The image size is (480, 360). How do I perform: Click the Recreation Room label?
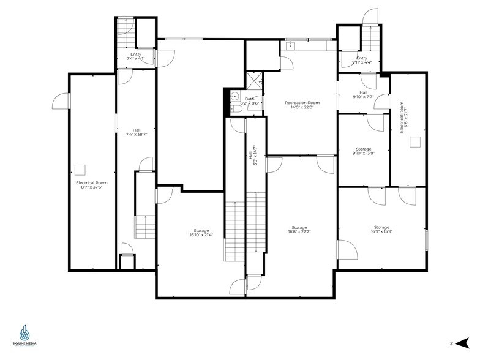point(302,103)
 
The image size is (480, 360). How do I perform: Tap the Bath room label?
point(249,99)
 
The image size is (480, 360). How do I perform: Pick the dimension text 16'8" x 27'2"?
point(299,232)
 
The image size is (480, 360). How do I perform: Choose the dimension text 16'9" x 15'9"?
point(381,232)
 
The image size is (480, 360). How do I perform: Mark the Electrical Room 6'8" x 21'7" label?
point(404,120)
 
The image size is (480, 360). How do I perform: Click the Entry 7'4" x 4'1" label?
point(135,56)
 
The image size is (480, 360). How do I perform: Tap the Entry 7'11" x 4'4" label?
point(362,60)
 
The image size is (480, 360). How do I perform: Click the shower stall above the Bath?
point(253,81)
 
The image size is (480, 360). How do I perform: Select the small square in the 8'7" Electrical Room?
point(80,169)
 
